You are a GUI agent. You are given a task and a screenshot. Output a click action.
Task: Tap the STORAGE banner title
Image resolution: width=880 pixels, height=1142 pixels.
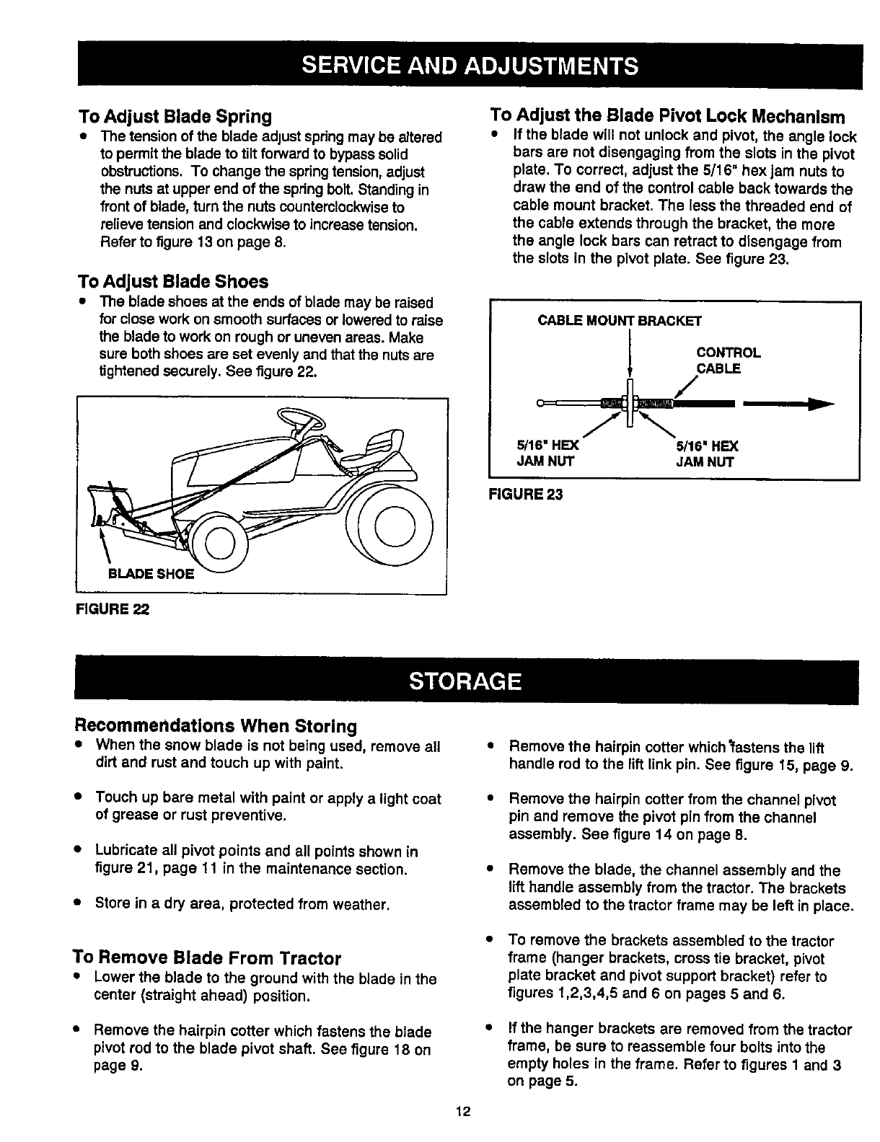(465, 681)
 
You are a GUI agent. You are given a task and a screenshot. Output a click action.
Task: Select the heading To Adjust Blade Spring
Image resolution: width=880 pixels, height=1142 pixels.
(175, 116)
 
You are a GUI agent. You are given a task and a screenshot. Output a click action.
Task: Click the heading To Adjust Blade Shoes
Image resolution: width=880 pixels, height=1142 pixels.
(173, 281)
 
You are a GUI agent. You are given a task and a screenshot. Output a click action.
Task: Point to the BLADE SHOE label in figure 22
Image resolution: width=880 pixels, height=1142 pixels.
(150, 574)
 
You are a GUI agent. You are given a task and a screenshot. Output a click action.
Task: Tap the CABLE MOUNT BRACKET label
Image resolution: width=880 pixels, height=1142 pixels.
(620, 320)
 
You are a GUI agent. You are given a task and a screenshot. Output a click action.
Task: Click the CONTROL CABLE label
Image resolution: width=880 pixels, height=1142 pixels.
(727, 360)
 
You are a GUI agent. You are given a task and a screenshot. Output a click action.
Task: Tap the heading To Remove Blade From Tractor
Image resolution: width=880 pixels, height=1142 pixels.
(206, 958)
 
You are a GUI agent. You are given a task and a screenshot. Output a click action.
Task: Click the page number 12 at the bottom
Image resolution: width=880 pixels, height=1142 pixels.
(462, 1111)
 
